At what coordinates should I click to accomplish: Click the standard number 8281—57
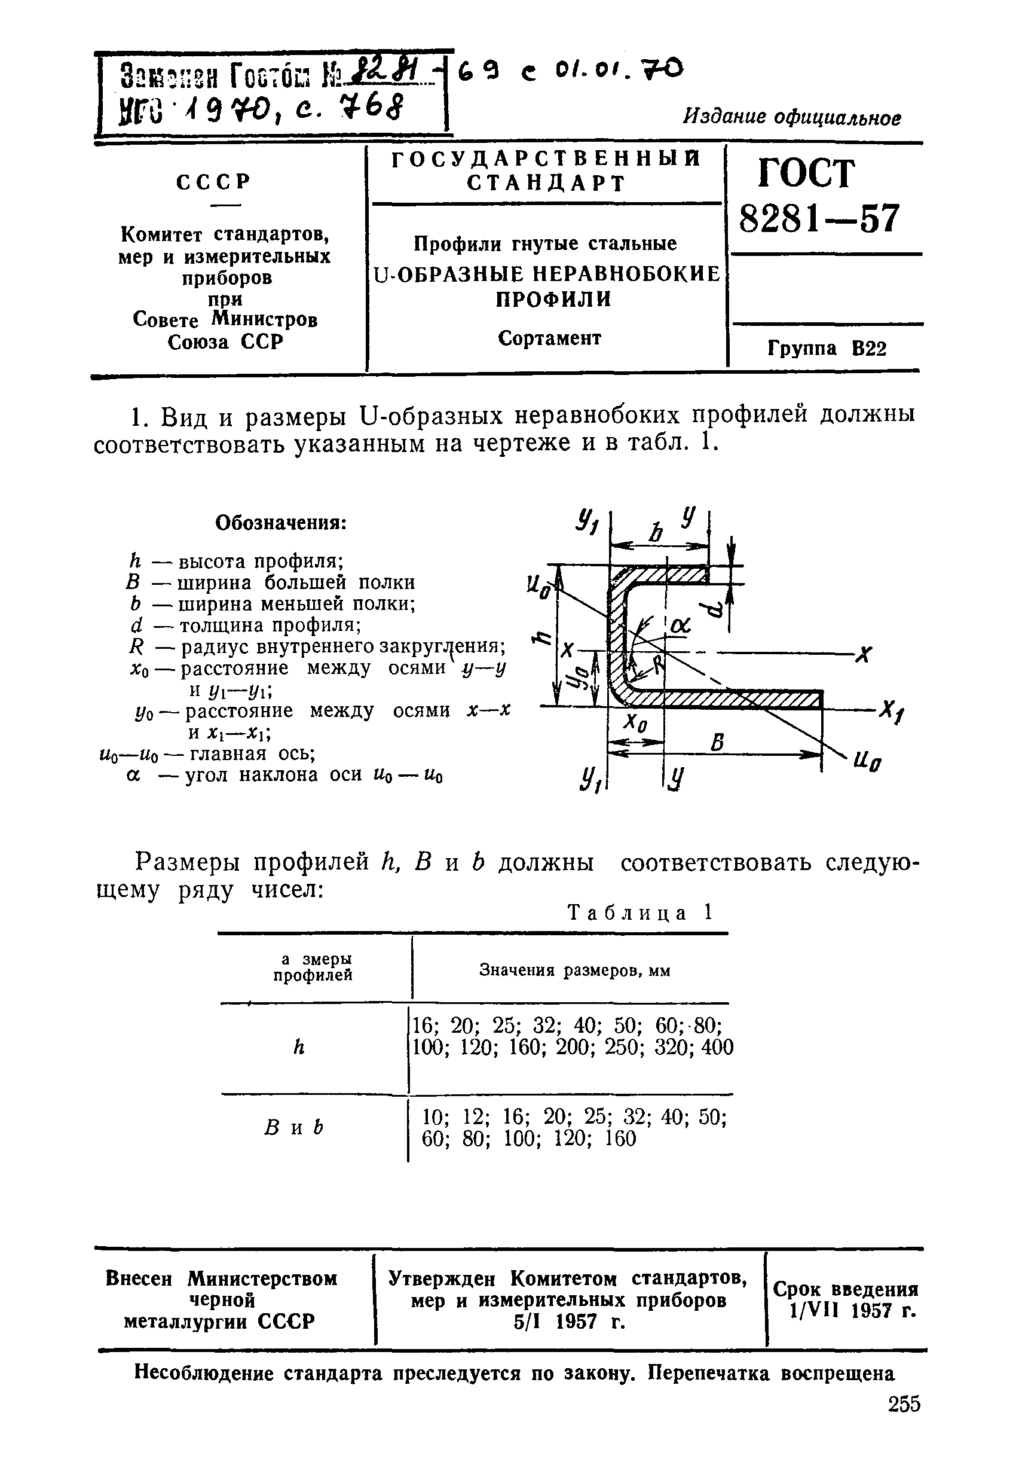point(819,219)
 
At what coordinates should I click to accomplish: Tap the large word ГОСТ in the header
point(806,173)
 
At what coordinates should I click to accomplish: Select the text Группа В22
point(827,349)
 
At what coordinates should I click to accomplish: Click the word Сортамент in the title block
point(549,338)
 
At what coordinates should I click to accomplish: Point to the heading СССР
point(214,182)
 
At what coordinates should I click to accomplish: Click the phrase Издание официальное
point(792,117)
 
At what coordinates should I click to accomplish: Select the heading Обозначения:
point(281,523)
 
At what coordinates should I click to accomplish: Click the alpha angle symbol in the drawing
point(680,627)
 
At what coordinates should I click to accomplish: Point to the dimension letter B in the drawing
point(718,742)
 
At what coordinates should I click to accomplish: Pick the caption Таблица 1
point(639,913)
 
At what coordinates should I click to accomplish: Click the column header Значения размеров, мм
point(574,971)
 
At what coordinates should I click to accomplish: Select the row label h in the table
point(298,1047)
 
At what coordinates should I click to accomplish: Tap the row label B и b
point(293,1128)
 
